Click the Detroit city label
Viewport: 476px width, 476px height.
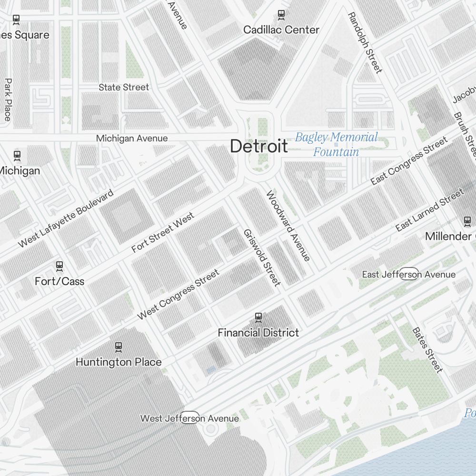(x=259, y=146)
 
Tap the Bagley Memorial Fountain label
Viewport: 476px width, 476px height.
(x=336, y=145)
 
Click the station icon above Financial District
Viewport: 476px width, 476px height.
(x=258, y=317)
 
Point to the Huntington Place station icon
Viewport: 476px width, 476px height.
(x=119, y=347)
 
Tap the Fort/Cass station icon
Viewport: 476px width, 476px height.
(x=59, y=266)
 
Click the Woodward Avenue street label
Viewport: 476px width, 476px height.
(x=288, y=226)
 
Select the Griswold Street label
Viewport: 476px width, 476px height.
(x=261, y=258)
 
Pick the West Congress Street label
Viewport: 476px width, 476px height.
(x=178, y=295)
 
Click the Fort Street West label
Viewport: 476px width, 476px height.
(x=163, y=233)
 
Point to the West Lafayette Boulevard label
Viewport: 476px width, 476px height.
(x=66, y=218)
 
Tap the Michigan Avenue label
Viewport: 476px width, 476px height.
(x=132, y=139)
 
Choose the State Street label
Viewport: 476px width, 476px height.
(x=124, y=87)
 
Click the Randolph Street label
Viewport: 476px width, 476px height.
(x=365, y=43)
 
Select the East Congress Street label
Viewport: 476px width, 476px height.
(x=409, y=161)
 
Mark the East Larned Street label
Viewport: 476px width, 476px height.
(x=429, y=210)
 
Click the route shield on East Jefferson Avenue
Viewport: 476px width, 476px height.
(x=409, y=274)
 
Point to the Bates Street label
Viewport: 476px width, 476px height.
(x=427, y=350)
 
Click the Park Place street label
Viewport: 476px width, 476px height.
(x=8, y=99)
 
